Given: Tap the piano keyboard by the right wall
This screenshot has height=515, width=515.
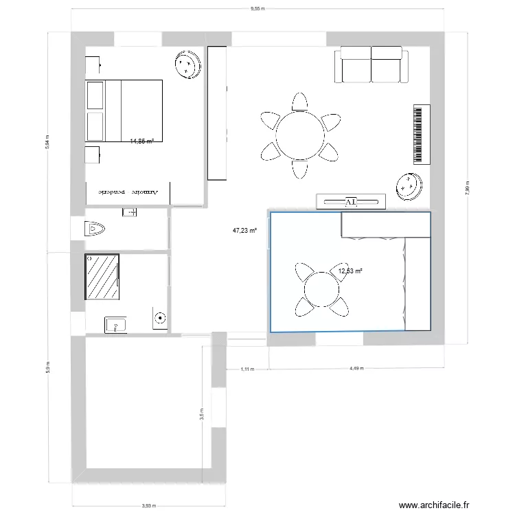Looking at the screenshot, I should click(421, 135).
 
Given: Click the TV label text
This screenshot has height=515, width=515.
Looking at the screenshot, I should click(351, 202).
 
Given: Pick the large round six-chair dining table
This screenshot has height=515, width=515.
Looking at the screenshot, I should click(299, 135).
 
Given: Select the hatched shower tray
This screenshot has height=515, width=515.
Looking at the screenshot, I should click(102, 277).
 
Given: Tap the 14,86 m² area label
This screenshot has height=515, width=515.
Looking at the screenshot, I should click(141, 141).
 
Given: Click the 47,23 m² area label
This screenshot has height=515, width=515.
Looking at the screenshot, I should click(244, 231).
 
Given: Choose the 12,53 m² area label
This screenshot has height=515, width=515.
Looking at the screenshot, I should click(350, 271).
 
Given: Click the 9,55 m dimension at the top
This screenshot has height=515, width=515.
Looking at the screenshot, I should click(257, 9).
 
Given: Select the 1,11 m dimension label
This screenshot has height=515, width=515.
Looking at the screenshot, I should click(247, 369).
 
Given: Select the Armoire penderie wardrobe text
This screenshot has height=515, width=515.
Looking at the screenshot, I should click(128, 193).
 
